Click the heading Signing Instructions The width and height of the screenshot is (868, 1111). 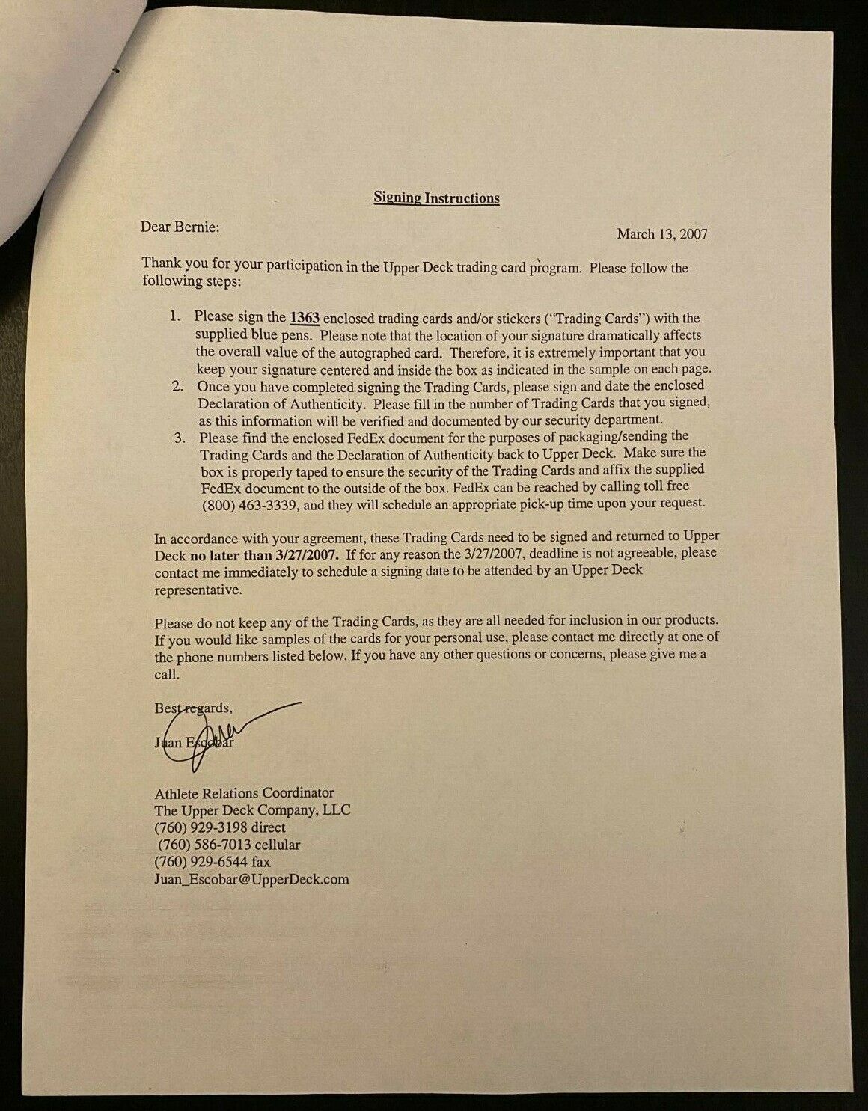(x=436, y=198)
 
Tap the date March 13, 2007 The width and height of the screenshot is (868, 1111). (x=661, y=234)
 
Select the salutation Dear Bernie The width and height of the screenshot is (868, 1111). (x=180, y=227)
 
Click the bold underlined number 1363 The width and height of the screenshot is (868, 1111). (x=305, y=318)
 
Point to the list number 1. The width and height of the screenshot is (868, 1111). (x=174, y=318)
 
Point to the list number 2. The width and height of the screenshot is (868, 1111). (x=178, y=386)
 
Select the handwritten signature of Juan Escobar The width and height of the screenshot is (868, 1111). (x=217, y=729)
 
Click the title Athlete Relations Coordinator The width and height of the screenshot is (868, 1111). (x=244, y=793)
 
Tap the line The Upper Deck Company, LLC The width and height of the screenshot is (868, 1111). (x=252, y=810)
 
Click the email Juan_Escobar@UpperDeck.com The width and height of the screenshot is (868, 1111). (x=251, y=879)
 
